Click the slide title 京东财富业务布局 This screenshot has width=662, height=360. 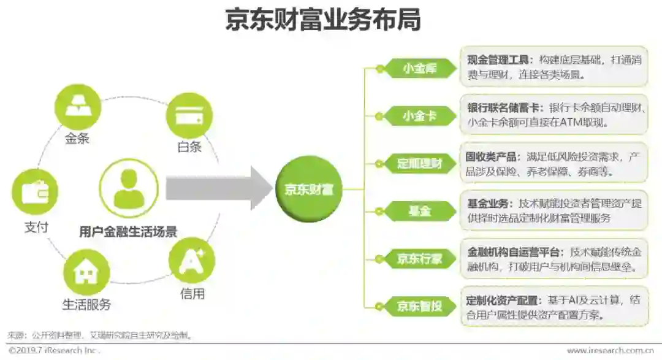coord(322,20)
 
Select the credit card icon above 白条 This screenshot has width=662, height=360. coord(189,115)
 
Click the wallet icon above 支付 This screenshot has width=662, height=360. coord(35,193)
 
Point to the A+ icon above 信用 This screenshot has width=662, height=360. coord(191,260)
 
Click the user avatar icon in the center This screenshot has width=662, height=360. coord(129,188)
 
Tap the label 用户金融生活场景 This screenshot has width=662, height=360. coord(128,232)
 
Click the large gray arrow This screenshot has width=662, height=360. coord(218,189)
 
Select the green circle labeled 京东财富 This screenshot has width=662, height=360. coord(308,189)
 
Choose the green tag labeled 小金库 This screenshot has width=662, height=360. coord(419,69)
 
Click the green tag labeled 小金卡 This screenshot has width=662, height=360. coord(419,116)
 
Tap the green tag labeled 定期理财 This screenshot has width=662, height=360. coord(419,164)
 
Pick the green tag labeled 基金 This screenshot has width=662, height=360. coord(419,211)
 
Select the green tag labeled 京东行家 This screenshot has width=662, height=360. coord(419,258)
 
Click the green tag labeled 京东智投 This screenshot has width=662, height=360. coord(419,305)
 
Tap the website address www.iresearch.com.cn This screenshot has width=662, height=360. coord(610,351)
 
